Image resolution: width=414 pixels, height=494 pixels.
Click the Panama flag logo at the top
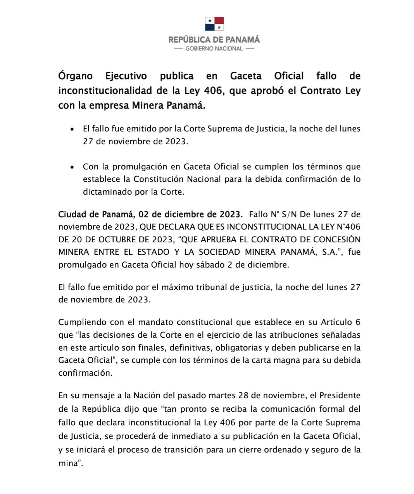point(214,24)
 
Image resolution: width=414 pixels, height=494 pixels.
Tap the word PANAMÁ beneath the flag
point(243,40)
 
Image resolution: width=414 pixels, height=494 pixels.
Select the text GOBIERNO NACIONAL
point(214,48)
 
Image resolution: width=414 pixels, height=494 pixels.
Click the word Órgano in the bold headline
point(76,76)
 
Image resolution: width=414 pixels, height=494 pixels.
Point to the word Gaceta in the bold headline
point(246,76)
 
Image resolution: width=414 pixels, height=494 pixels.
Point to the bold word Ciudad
point(72,214)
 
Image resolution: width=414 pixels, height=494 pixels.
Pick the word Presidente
point(340,396)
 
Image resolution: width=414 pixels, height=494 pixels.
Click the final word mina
point(68,464)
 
